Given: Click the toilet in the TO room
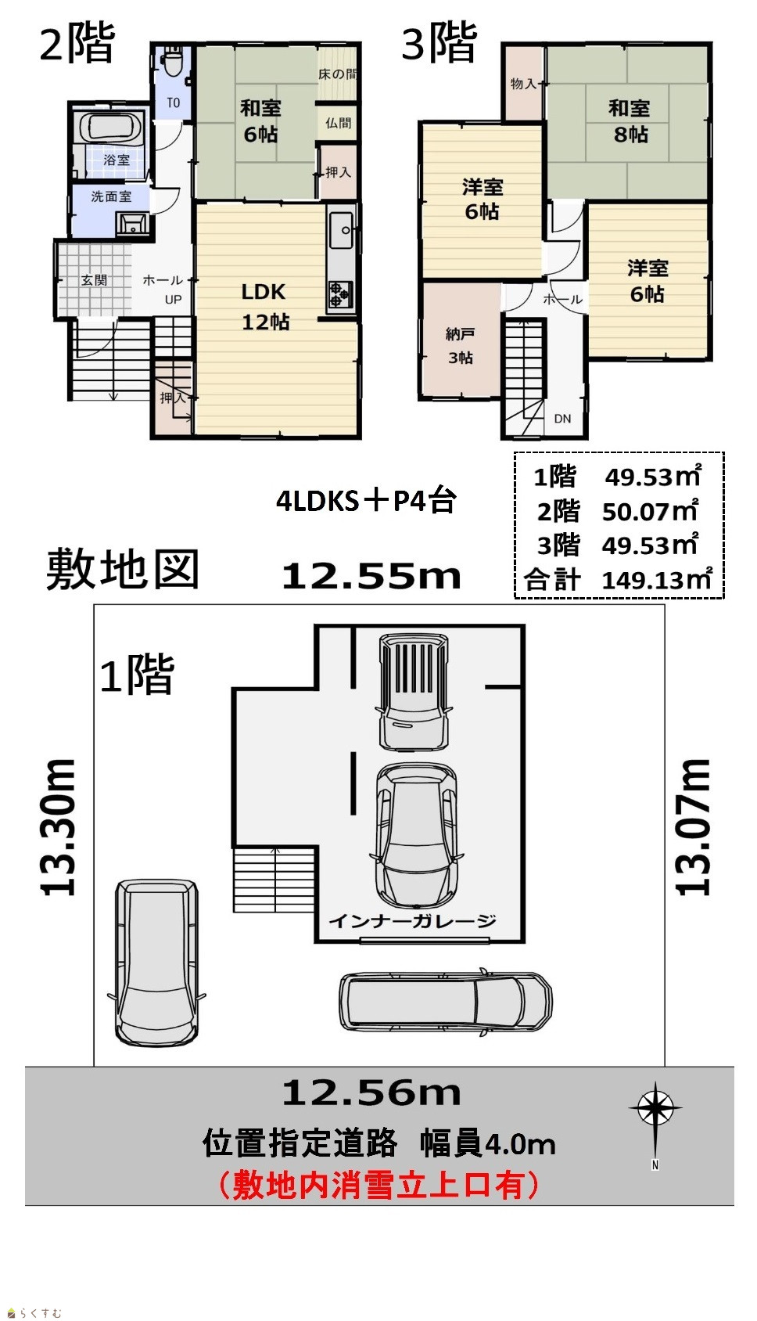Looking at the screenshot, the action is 173,62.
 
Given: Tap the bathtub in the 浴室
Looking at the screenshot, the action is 112,128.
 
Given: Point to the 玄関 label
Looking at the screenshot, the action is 95,280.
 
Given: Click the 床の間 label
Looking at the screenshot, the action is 338,74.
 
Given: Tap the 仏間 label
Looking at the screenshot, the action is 338,123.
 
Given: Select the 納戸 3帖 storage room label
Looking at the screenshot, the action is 460,346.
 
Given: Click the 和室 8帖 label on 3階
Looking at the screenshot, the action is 630,121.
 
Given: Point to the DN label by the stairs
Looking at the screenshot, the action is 562,418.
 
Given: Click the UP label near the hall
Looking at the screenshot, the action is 173,299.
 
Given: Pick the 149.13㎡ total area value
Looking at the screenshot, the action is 657,580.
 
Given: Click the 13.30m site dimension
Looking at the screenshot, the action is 58,827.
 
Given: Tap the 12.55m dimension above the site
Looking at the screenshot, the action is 371,576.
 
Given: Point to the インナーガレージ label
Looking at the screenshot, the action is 412,920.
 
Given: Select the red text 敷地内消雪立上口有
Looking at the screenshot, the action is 378,1186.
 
